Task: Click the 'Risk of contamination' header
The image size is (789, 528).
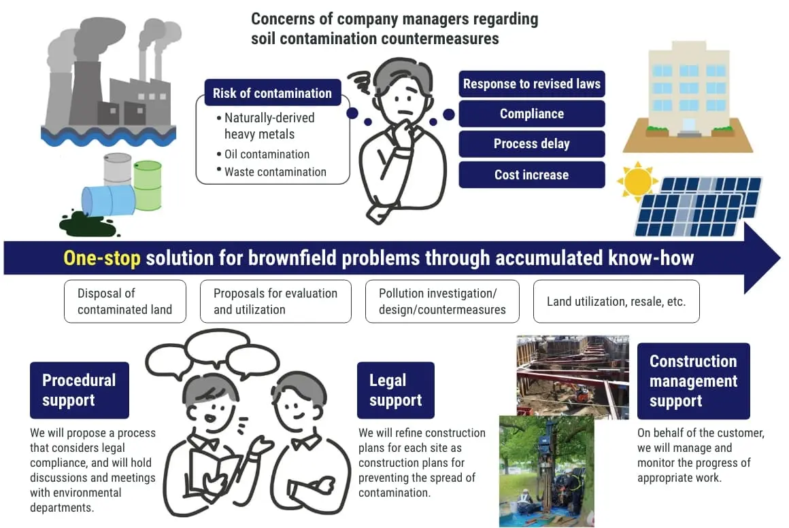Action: point(272,93)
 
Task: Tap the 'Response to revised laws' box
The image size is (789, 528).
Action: point(532,84)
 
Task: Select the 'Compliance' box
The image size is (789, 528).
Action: point(532,114)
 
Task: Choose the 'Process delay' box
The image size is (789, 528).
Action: point(532,144)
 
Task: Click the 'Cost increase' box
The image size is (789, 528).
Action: point(532,175)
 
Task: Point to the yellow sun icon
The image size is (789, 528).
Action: point(637,181)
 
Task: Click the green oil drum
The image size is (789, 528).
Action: point(148,184)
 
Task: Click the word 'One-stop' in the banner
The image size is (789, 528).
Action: point(101,258)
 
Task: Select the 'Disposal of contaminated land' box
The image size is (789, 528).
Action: point(124,302)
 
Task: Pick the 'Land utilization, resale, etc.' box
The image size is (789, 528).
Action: point(616,300)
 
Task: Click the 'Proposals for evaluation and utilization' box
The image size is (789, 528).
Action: point(275,302)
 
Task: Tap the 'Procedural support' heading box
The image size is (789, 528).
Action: point(79,390)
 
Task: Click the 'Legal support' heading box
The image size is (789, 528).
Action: point(395,390)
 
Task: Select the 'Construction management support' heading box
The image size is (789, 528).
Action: point(693,381)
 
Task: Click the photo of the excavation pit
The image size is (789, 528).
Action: point(572,374)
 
